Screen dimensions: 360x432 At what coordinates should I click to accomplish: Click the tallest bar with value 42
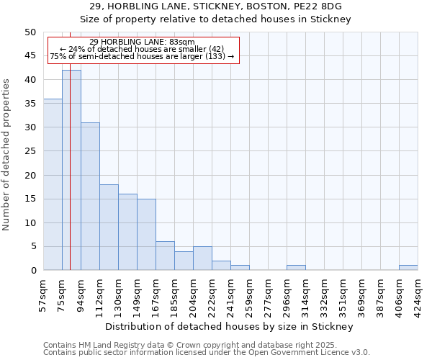71,170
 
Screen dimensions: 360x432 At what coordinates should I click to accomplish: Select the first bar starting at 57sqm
53,184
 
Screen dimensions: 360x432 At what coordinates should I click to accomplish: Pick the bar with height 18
109,227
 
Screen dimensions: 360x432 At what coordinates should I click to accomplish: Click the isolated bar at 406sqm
408,268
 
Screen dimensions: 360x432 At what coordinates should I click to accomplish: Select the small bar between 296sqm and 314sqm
296,268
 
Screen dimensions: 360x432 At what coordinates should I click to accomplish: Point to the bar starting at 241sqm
240,268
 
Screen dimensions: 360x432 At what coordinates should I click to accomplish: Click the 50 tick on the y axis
30,32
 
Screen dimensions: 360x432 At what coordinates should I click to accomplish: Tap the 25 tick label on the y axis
30,151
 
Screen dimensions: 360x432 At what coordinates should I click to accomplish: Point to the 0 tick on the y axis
32,271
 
